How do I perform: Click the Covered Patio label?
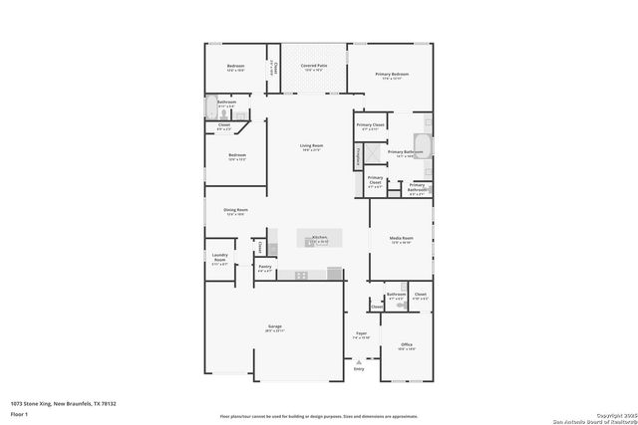tap(314, 68)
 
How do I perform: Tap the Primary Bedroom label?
tap(393, 76)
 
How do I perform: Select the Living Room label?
tap(311, 146)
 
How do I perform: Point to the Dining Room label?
tap(235, 211)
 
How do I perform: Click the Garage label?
tap(274, 327)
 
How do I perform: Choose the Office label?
tap(407, 345)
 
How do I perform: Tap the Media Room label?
tap(402, 240)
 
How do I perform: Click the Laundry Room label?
tap(220, 261)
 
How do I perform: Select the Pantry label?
tap(265, 267)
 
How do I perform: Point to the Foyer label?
tap(361, 334)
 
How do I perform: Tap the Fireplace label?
tap(359, 154)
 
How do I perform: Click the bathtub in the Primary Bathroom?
tap(422, 140)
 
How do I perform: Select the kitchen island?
tap(320, 239)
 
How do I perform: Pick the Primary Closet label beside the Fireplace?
tap(375, 181)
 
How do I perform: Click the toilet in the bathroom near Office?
tap(376, 307)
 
